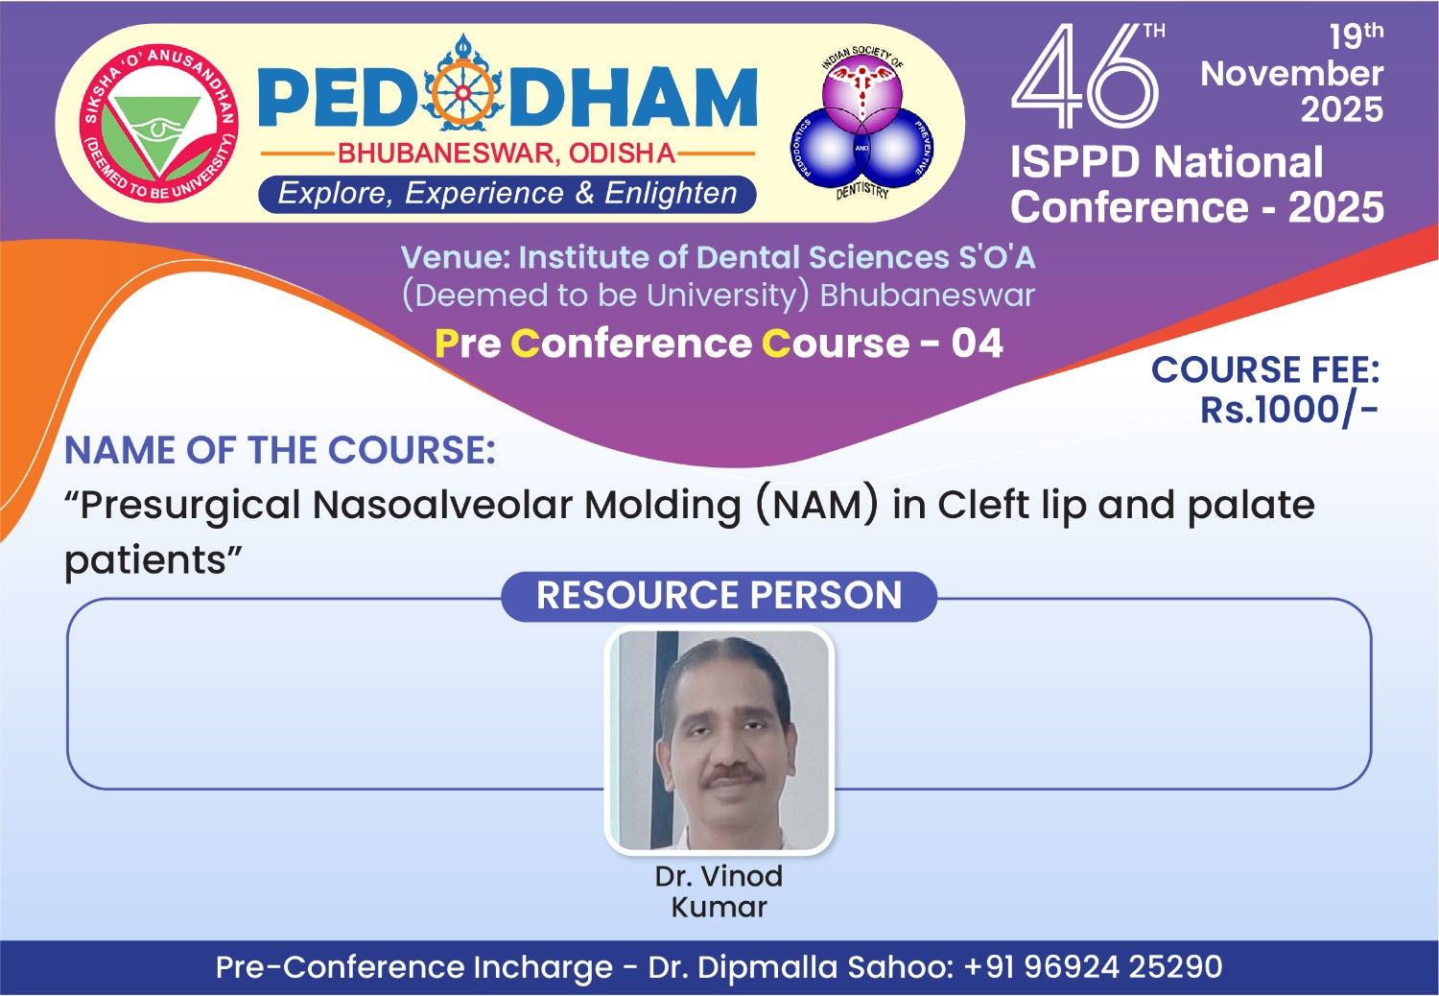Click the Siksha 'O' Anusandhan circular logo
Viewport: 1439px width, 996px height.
point(158,124)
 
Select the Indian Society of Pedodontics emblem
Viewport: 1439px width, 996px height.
point(862,122)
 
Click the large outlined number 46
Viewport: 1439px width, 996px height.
point(1084,76)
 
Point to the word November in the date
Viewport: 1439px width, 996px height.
point(1292,73)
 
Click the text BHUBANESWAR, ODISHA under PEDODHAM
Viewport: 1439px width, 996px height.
point(507,154)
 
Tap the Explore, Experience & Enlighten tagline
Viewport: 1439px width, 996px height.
point(507,194)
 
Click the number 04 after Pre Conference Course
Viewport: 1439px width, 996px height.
point(978,344)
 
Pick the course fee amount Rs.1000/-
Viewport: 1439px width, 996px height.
point(1288,410)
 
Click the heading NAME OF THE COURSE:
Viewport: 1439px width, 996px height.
point(280,450)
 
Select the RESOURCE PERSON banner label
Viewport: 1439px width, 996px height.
point(719,595)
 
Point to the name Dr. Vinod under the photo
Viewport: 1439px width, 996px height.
point(719,876)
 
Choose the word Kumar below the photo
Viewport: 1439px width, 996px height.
point(719,908)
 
